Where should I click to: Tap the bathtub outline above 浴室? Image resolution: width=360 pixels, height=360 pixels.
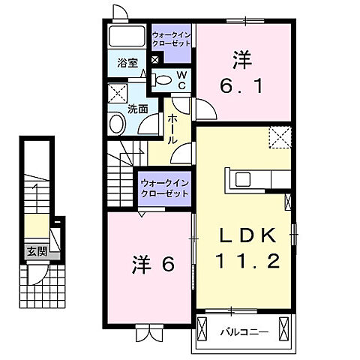(126, 37)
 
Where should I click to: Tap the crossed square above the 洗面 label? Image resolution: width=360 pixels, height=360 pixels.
(118, 93)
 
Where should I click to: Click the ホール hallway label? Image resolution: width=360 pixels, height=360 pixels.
(172, 128)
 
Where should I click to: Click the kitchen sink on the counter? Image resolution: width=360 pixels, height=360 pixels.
(243, 178)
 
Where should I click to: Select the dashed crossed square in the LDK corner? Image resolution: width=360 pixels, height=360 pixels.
(280, 137)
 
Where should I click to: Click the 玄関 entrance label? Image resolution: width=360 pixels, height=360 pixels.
(36, 251)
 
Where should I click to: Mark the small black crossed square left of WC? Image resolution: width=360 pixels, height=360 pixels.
(154, 60)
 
